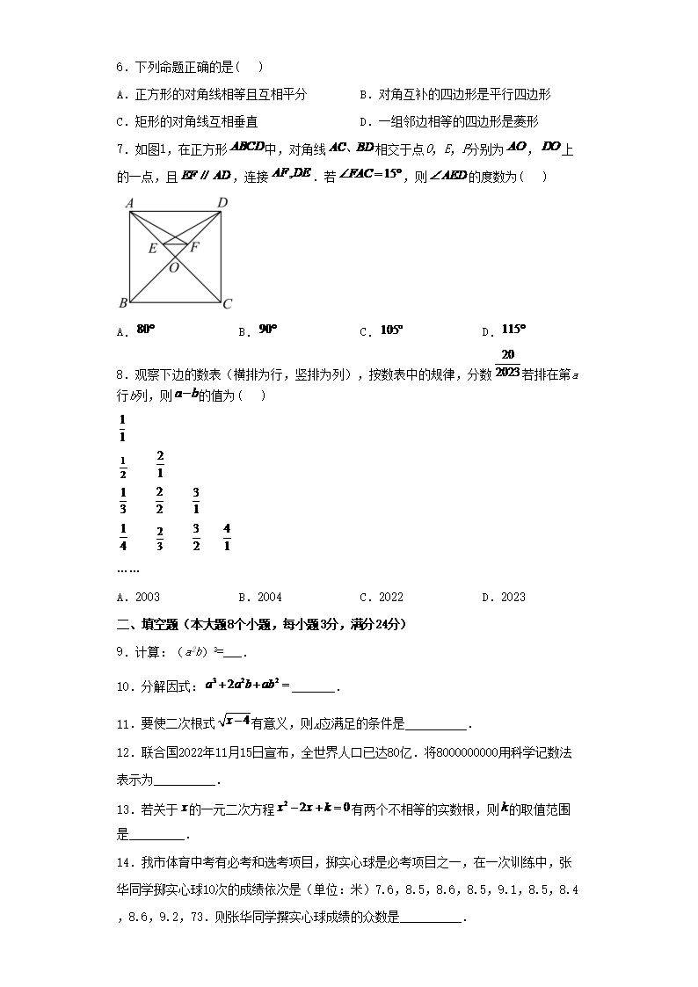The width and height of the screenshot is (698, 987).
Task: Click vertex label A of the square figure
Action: (129, 203)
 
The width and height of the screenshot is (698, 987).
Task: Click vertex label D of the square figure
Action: (222, 203)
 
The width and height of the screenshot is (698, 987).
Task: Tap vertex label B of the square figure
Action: (123, 304)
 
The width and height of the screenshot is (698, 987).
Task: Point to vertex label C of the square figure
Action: (227, 304)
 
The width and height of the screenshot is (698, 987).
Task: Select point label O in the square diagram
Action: (174, 268)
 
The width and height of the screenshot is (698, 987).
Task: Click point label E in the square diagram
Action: (152, 249)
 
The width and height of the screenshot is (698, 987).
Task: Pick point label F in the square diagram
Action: (195, 247)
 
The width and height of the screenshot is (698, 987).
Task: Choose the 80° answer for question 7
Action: (146, 330)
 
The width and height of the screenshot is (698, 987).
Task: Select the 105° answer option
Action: (391, 330)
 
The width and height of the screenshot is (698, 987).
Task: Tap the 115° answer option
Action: (513, 330)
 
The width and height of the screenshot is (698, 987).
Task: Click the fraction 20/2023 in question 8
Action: (507, 363)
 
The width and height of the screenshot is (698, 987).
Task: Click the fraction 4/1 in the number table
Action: (227, 536)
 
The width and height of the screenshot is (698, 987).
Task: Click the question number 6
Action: (120, 67)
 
